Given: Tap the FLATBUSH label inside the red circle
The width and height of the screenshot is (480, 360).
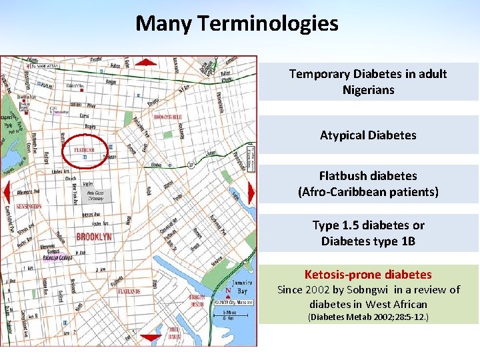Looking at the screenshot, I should point(85,149).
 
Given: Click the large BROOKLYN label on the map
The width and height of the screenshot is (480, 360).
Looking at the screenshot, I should point(94,237).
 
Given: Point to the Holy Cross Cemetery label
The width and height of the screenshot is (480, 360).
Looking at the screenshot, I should point(95,196).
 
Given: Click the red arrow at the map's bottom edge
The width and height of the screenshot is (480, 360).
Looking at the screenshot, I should point(151,338).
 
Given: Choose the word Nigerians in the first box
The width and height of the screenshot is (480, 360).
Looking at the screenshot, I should point(368,89).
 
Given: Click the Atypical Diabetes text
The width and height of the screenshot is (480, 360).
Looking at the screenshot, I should point(368,135).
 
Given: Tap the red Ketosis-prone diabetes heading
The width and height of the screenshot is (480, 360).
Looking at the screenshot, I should point(368,274).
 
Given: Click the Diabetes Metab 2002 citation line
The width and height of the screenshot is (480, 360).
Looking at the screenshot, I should point(368,317).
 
